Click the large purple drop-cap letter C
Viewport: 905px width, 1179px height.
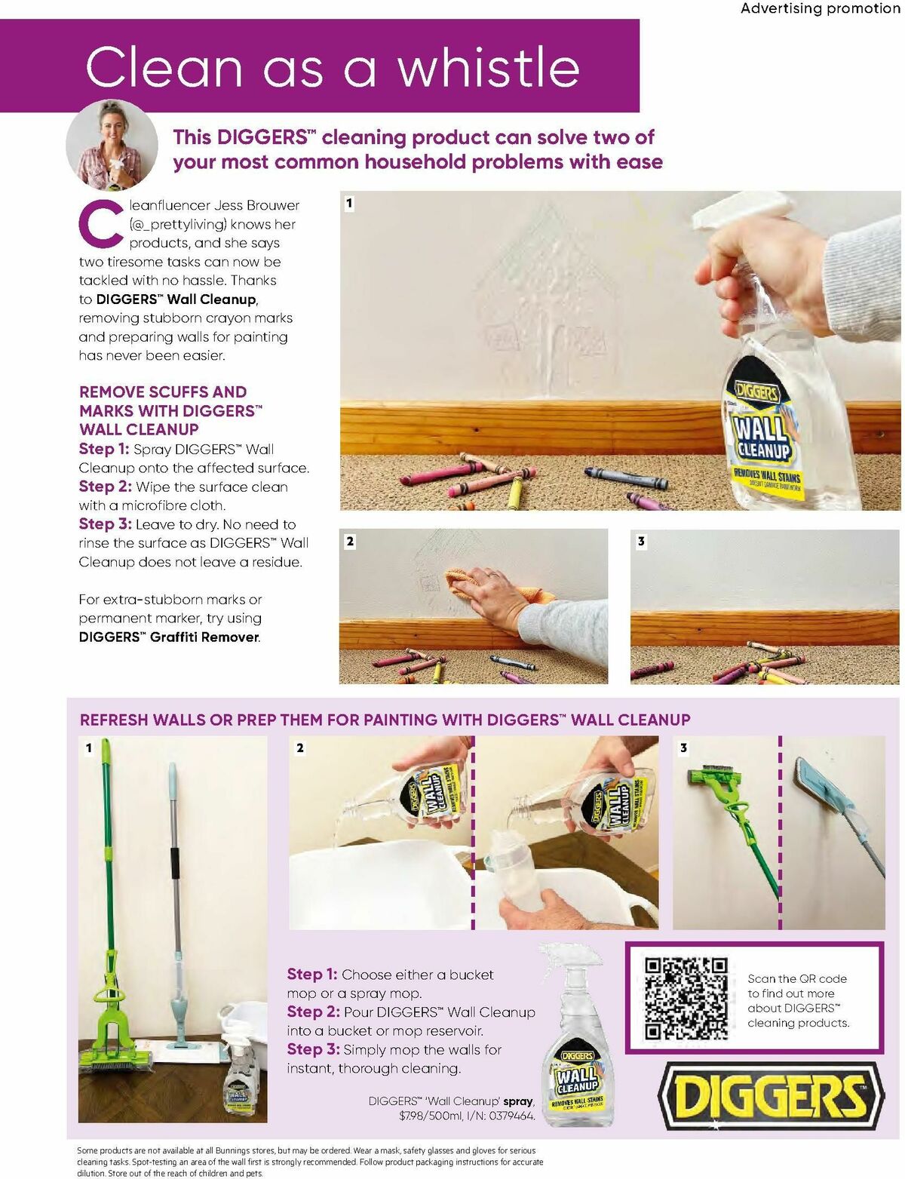(102, 223)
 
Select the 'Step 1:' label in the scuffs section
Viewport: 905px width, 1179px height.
(104, 449)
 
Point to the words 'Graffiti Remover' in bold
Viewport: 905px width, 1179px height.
(204, 637)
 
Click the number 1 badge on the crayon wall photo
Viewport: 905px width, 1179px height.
(349, 203)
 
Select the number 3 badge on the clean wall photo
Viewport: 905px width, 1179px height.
(641, 541)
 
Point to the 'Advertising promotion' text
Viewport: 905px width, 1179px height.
(820, 8)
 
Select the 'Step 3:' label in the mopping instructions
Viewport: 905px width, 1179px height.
(313, 1049)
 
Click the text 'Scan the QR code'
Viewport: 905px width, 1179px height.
(796, 978)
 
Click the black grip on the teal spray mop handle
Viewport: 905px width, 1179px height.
(176, 863)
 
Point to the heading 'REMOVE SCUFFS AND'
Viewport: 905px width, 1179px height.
(163, 391)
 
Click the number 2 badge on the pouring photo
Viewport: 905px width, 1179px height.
(300, 748)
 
